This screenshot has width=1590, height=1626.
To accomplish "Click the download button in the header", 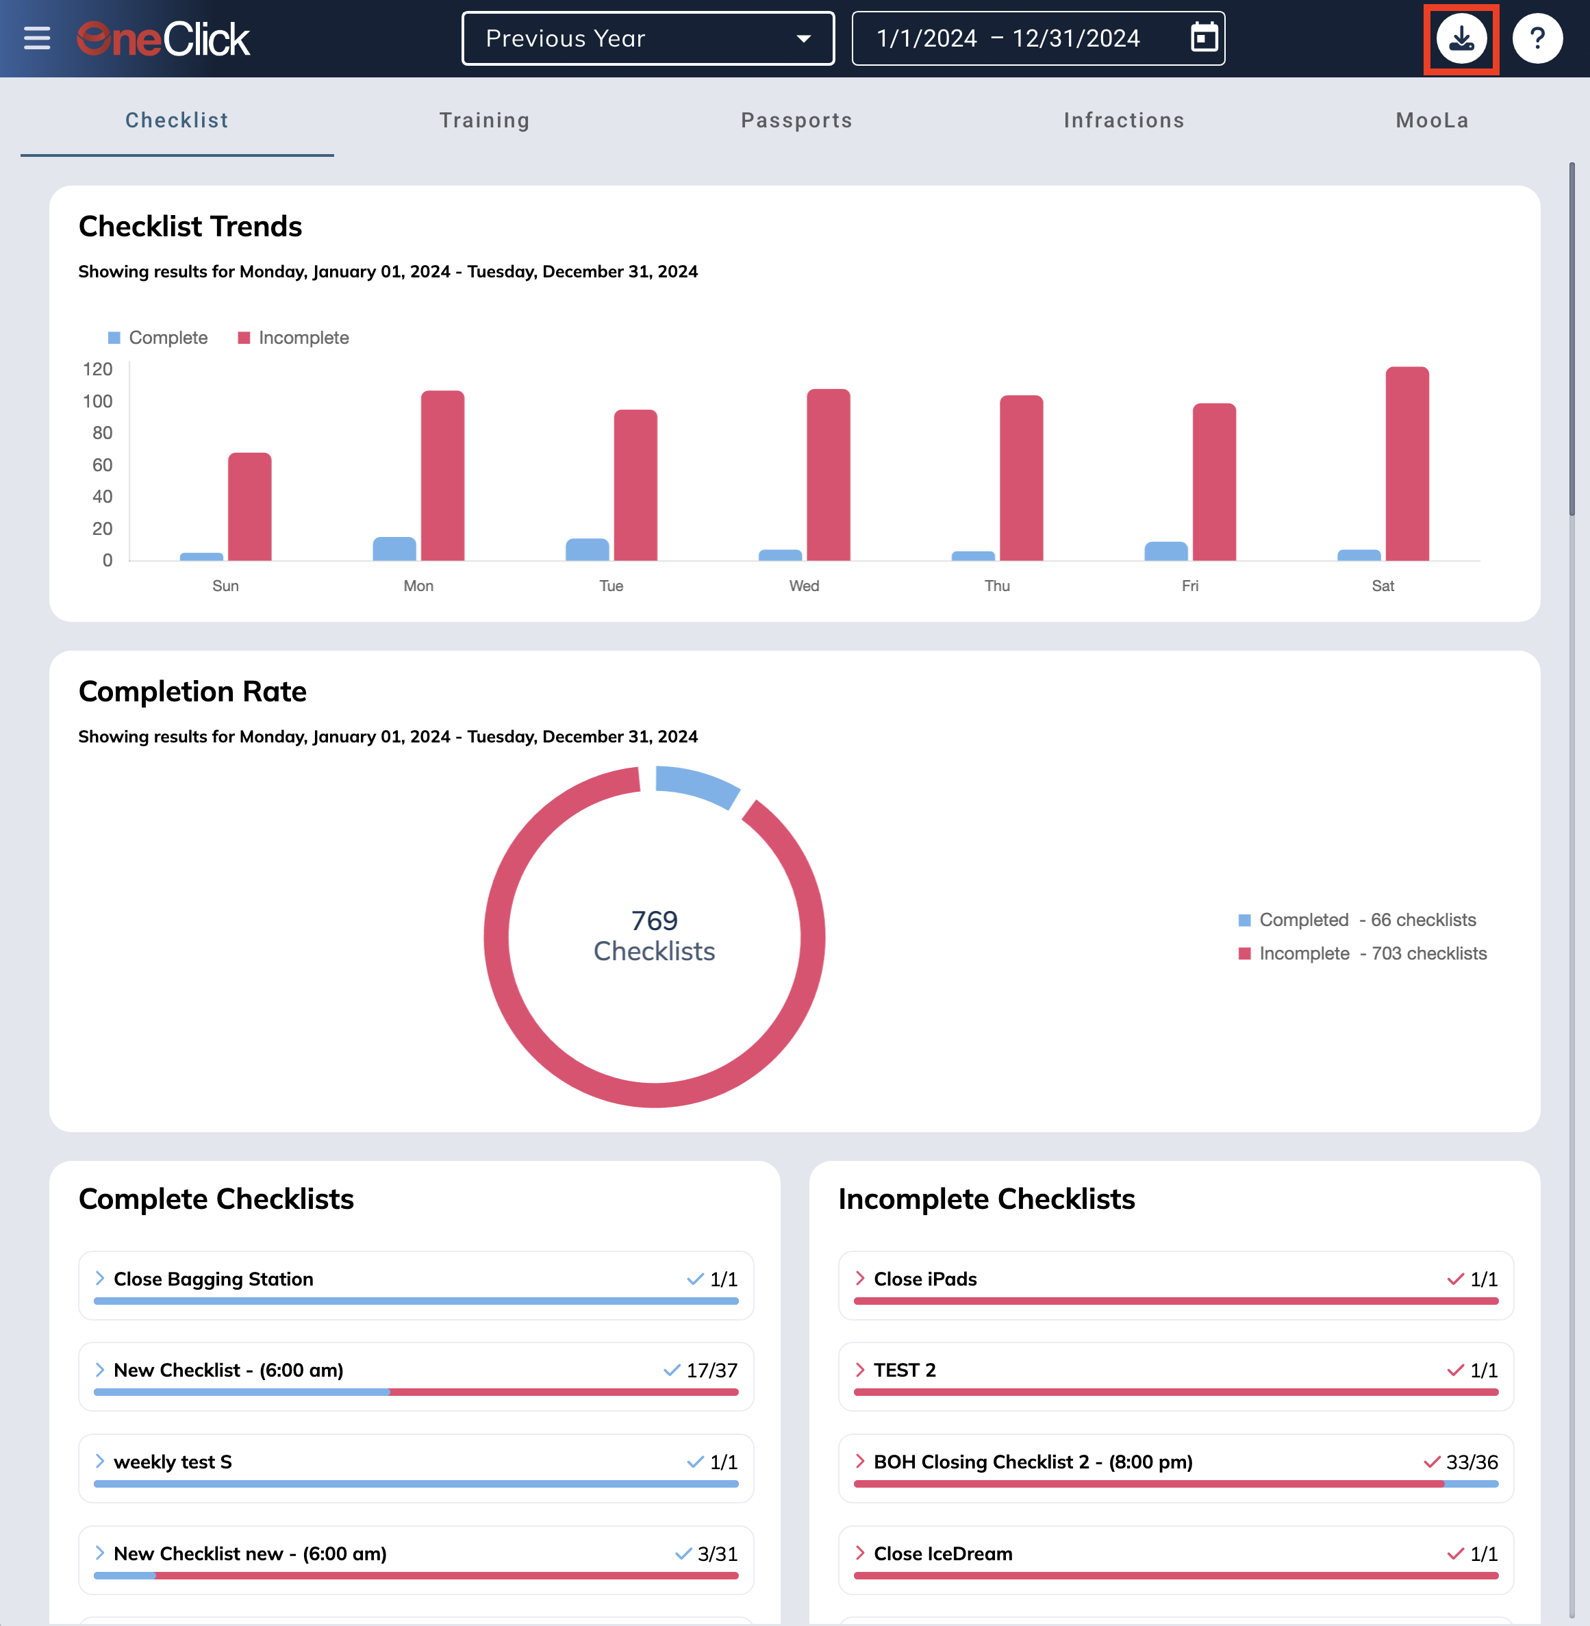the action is [x=1461, y=38].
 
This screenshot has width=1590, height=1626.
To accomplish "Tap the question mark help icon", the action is [x=1537, y=38].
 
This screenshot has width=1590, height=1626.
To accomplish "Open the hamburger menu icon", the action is [x=37, y=38].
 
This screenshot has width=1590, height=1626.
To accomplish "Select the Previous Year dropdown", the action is [x=648, y=38].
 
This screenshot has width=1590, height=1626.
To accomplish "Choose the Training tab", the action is [x=484, y=121].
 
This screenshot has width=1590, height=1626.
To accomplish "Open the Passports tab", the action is [x=796, y=121].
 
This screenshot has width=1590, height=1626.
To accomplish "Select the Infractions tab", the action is [x=1124, y=121].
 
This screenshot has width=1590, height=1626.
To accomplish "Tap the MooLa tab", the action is [x=1433, y=121].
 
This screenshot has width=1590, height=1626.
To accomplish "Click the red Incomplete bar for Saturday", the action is [x=1407, y=464].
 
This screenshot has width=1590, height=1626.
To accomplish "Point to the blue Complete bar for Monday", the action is [x=394, y=549].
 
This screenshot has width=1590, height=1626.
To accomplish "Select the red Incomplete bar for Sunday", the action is [x=250, y=506].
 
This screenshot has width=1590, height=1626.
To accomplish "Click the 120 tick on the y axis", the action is [x=98, y=369].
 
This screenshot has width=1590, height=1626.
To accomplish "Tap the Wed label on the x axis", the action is [x=804, y=586].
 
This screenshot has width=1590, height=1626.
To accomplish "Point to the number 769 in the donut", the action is [x=654, y=921].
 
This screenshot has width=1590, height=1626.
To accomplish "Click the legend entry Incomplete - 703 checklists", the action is [x=1362, y=953].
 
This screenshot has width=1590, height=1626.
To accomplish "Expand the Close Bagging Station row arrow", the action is [x=99, y=1279].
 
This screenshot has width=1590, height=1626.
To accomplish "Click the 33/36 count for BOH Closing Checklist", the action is [x=1472, y=1462].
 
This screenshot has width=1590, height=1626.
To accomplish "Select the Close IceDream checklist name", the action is [x=943, y=1553].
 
